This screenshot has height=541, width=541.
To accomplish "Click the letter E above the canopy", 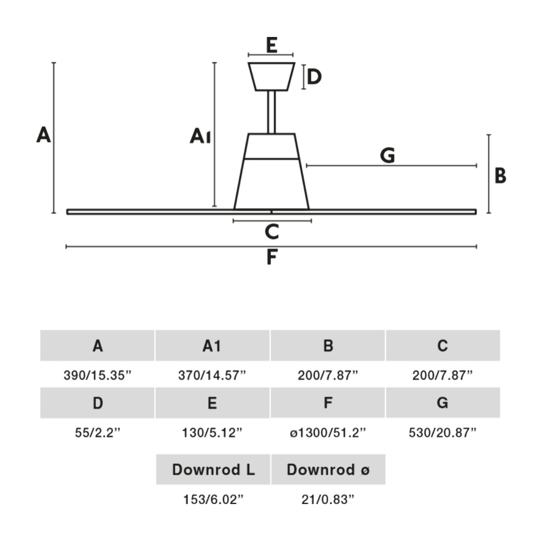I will tap(271, 45).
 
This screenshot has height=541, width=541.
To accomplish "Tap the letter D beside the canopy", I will tap(314, 76).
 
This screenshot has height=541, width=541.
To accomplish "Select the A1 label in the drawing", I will tap(200, 136).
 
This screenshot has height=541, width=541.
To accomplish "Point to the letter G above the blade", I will tap(387, 155).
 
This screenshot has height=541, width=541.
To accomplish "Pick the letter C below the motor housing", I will tap(272, 232).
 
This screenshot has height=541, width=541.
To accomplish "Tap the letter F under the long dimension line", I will tap(272, 257).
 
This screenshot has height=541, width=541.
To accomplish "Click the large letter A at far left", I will tap(44, 135).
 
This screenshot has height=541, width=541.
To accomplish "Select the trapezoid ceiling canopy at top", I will tap(271, 77).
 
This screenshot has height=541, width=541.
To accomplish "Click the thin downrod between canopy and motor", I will tap(271, 112).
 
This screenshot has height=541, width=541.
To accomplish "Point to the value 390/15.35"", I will tap(98, 375).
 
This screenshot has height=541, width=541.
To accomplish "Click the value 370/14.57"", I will tap(212, 375).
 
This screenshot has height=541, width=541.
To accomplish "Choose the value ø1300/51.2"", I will tap(328, 432).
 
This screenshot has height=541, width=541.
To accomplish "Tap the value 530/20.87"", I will tap(443, 432).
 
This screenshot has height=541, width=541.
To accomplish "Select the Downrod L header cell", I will tap(213, 469).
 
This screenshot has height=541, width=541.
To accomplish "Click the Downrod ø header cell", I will tap(328, 469).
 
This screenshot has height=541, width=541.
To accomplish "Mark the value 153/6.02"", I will tap(213, 499).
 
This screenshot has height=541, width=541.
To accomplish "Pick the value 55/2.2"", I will tap(98, 432).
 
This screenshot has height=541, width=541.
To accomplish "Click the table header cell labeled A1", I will tap(212, 345).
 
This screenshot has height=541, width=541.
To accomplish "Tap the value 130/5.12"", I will tap(212, 432).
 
